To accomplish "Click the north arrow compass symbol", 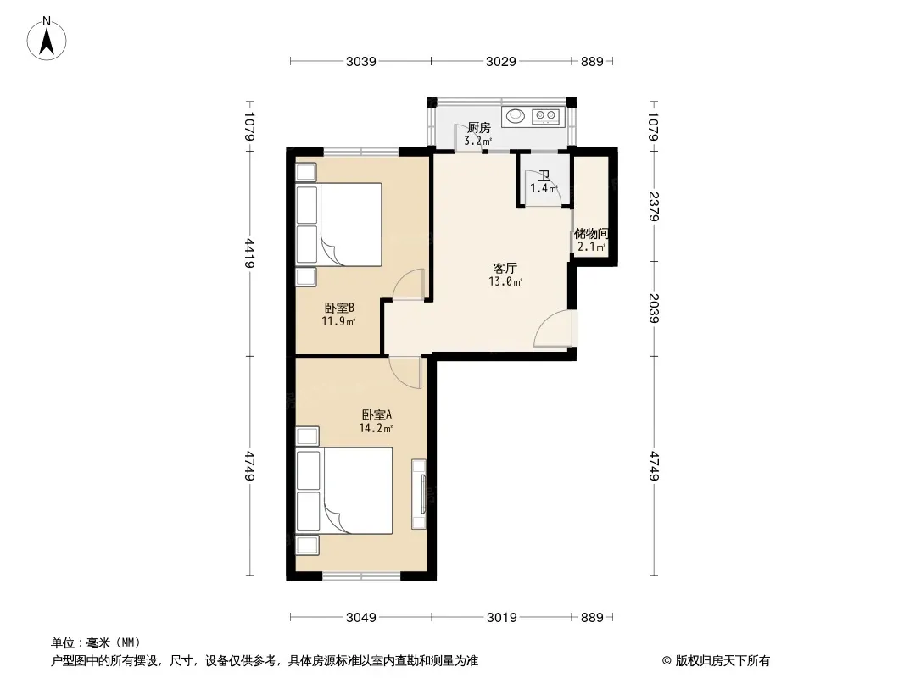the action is click(x=47, y=39).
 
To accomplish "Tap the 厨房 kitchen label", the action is click(x=478, y=127).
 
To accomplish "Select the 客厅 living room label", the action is click(x=505, y=268).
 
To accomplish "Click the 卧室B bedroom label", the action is click(x=339, y=308).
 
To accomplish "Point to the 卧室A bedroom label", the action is click(x=377, y=414).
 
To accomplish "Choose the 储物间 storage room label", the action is click(x=592, y=233).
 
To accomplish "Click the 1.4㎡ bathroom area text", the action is click(x=544, y=188).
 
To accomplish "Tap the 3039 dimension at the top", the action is click(x=361, y=61).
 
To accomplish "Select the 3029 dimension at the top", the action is click(x=501, y=61).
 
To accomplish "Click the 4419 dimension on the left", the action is click(x=249, y=253).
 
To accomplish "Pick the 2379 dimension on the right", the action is click(x=654, y=206).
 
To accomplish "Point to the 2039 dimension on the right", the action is click(x=654, y=308).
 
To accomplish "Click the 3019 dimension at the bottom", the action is click(x=501, y=618).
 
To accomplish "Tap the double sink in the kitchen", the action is click(x=545, y=116).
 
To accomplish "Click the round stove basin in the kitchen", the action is click(x=515, y=116).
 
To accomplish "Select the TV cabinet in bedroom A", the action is click(x=419, y=494).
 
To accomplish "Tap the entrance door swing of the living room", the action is click(x=554, y=329).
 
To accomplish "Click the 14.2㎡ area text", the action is click(x=376, y=428).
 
